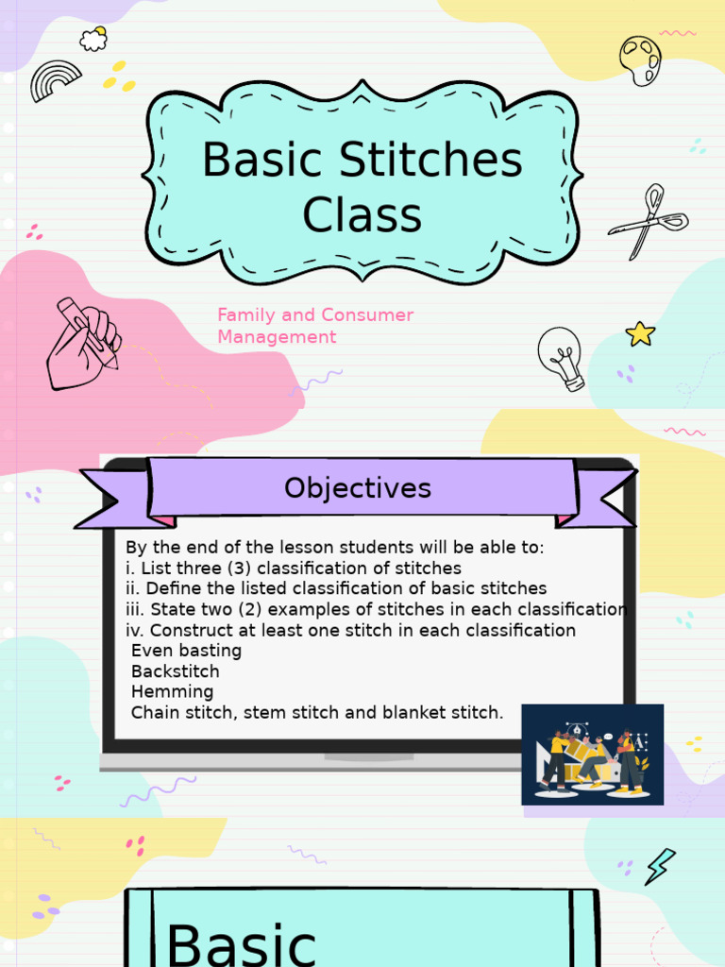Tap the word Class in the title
(x=362, y=214)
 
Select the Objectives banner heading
(x=358, y=488)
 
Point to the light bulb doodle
(x=562, y=358)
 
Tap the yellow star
(x=640, y=333)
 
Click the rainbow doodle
(x=56, y=80)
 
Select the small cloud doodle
(x=93, y=39)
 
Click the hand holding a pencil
(x=82, y=343)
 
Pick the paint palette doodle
(x=640, y=60)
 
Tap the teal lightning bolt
(x=659, y=866)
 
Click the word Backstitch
(x=175, y=671)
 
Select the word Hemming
(x=172, y=692)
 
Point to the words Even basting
(x=186, y=651)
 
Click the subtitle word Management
(x=277, y=337)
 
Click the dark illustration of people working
(x=592, y=755)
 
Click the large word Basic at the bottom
(x=241, y=944)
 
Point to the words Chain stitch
(x=183, y=713)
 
